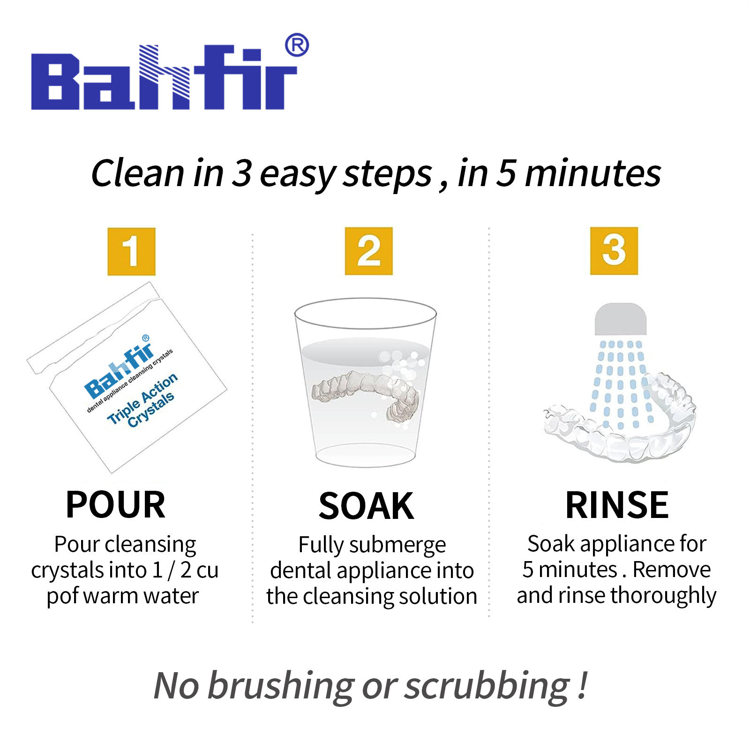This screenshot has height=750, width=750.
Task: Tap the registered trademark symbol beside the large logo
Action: tap(297, 45)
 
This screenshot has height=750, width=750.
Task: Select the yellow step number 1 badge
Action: tap(131, 251)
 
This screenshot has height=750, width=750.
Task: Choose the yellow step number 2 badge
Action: tap(368, 251)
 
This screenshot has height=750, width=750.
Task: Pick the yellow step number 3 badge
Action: tap(614, 251)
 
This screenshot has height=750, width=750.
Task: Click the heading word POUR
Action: tap(116, 505)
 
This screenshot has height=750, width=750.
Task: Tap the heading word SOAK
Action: tap(366, 506)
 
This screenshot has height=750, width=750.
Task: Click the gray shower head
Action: tap(621, 319)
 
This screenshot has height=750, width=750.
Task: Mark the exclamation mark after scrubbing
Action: tap(582, 685)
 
